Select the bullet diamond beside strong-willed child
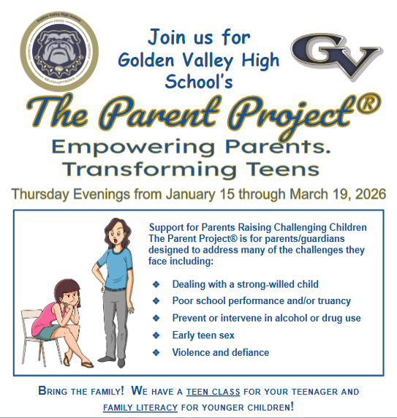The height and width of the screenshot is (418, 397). click(x=155, y=284)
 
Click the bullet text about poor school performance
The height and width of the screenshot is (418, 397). click(x=261, y=301)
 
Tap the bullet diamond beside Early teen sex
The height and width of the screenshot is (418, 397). click(x=155, y=335)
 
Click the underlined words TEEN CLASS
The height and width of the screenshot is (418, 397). click(x=212, y=392)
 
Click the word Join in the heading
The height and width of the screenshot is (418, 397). click(x=169, y=36)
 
